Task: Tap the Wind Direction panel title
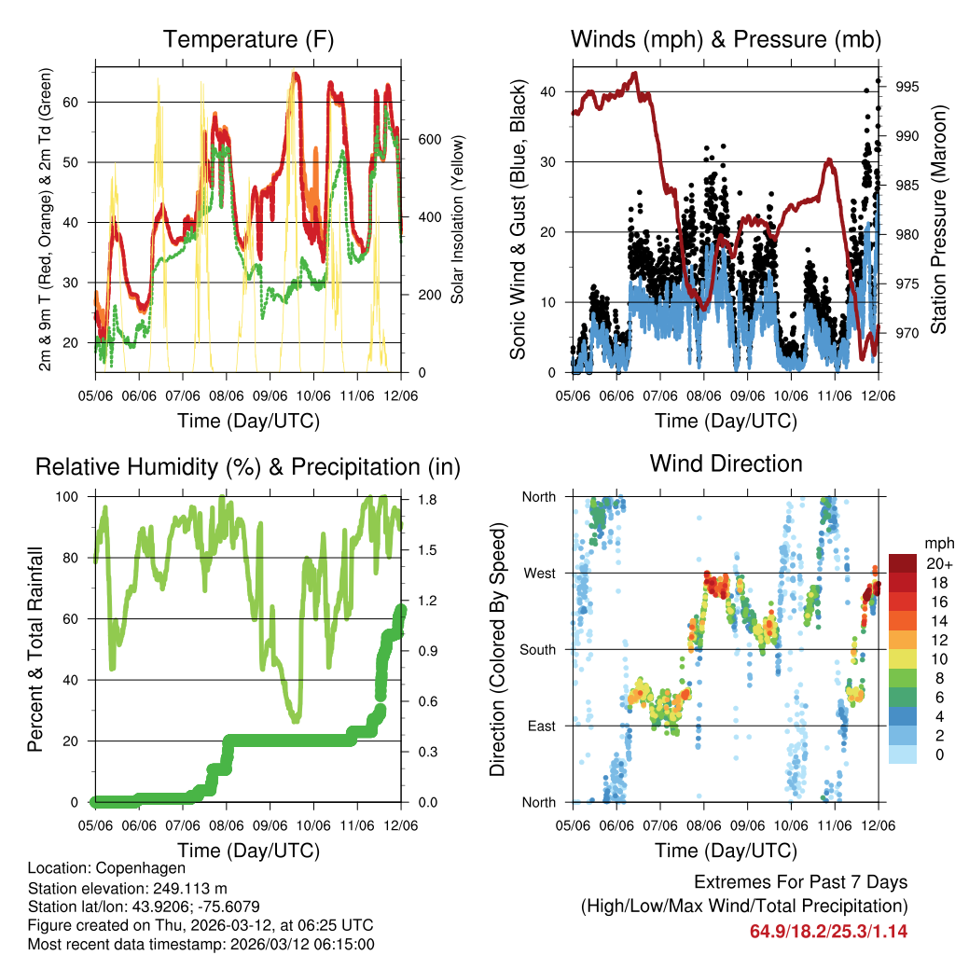tap(726, 464)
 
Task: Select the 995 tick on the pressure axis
tap(907, 87)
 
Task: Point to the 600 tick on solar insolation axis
tap(430, 139)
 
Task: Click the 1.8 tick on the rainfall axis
tap(424, 499)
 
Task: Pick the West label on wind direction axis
tap(539, 573)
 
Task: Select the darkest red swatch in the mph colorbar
tap(903, 562)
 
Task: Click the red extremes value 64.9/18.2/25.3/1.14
tap(828, 931)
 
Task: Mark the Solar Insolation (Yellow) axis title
tap(458, 220)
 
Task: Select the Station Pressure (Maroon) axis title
tap(939, 220)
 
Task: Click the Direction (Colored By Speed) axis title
tap(498, 649)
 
